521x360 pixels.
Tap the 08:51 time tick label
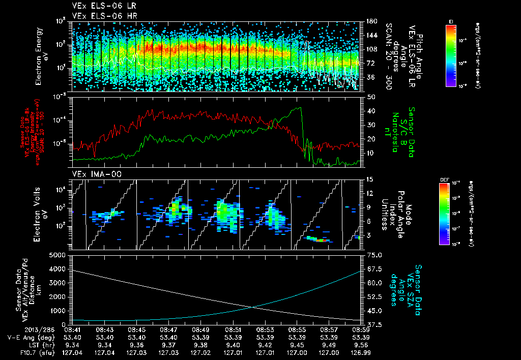coord(233,329)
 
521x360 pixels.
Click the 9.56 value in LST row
coord(361,344)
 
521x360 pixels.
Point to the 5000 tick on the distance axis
coord(60,255)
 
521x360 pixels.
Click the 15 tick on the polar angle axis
coord(369,179)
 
